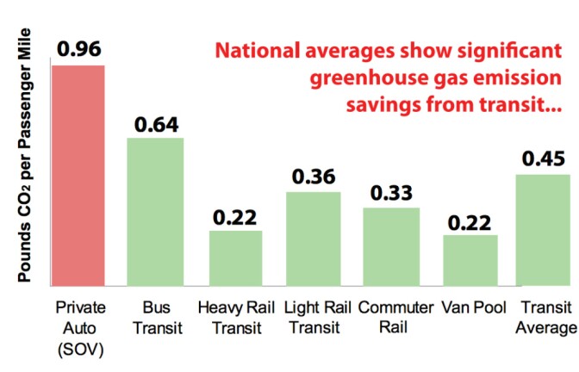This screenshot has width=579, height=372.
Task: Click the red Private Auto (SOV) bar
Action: pos(78,177)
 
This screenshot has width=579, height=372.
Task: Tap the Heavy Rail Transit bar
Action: pos(234,259)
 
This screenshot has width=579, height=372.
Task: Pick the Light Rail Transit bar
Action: pos(313,240)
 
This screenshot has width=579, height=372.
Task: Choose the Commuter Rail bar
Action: pos(390,247)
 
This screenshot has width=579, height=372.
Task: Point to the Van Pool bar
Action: pos(470,261)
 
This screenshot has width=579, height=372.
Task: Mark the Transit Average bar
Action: pos(547,231)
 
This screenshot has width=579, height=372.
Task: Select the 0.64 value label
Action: pos(156,124)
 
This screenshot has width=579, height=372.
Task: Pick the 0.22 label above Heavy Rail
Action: pos(234,217)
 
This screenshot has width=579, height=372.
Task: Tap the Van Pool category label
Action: pos(470,307)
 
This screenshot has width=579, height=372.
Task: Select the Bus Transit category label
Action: pos(156,317)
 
